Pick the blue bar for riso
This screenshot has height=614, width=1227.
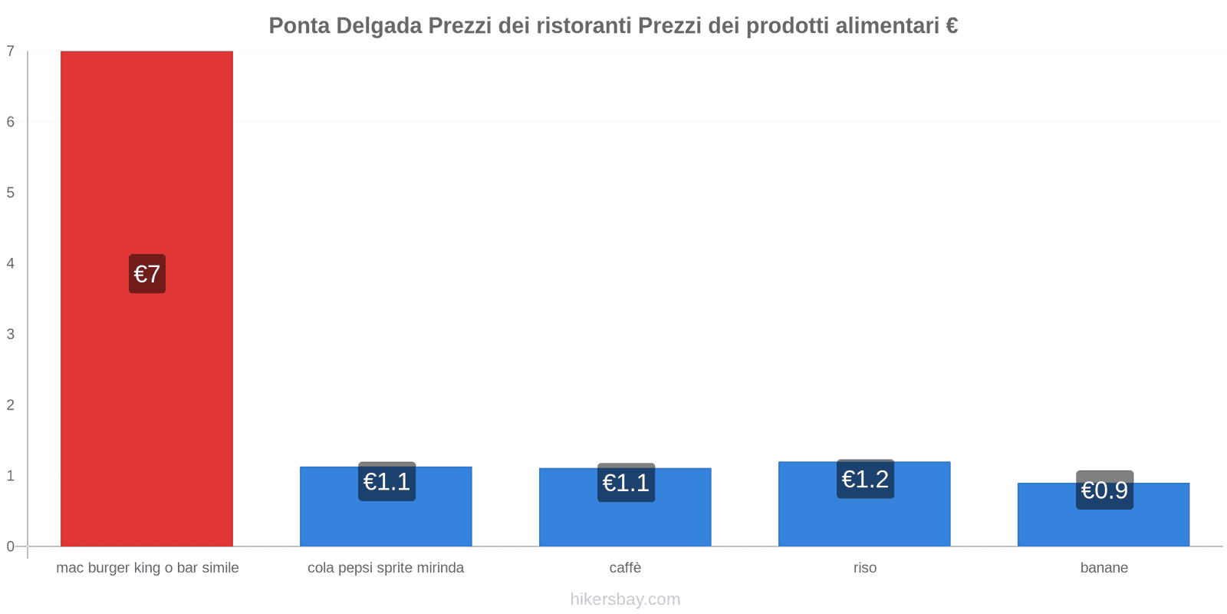tap(864, 522)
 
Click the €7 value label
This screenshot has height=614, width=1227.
tap(147, 274)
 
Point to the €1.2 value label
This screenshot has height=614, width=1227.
tap(865, 479)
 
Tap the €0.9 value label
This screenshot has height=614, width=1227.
tap(1104, 490)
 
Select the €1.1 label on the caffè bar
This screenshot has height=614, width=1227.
tap(626, 483)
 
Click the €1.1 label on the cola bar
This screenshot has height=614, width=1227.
tap(387, 481)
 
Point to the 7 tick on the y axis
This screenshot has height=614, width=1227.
tap(11, 51)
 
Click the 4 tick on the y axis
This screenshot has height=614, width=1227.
tap(11, 263)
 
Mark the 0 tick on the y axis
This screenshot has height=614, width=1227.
tap(11, 546)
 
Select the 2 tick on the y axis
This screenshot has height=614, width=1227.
tap(11, 405)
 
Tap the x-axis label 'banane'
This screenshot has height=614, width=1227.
tap(1104, 568)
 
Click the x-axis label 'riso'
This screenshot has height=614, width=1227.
tap(864, 568)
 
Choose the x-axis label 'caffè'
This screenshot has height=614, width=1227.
tap(625, 568)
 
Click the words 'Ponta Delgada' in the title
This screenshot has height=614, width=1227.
tap(345, 26)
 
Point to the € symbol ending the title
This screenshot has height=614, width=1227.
tap(951, 26)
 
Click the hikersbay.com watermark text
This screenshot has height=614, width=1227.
tap(625, 599)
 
